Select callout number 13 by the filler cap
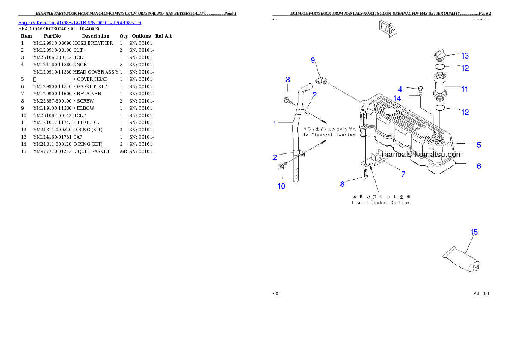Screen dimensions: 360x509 point(465,56)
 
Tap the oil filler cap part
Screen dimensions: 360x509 point(440,55)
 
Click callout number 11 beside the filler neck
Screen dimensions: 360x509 point(464,89)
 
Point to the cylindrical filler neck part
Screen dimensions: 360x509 point(440,84)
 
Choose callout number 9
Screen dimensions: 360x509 point(313,60)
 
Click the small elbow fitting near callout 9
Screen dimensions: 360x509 point(322,80)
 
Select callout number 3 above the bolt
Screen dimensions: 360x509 point(288,80)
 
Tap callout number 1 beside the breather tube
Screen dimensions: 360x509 point(275,124)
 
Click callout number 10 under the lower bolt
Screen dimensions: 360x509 point(281,186)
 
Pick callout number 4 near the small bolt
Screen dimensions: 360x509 point(400,89)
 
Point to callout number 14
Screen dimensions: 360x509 point(397,99)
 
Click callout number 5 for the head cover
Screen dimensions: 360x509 point(479,145)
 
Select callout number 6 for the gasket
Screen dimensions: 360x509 point(479,166)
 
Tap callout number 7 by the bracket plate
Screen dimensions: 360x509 point(403,174)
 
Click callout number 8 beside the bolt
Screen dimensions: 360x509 point(342,184)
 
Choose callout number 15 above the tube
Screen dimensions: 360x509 point(474,232)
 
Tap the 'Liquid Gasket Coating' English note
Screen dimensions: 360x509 point(381,203)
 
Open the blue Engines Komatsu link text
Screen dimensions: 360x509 point(80,22)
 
